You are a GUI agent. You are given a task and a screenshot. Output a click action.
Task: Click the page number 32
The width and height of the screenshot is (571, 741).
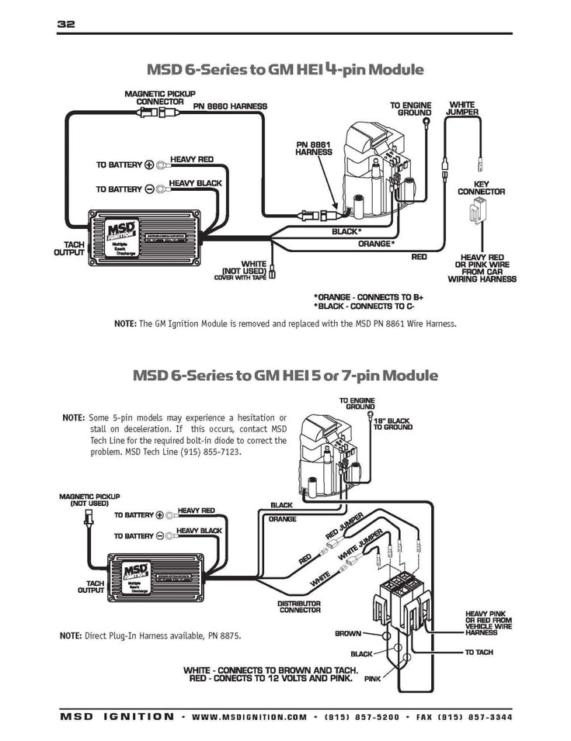click(65, 24)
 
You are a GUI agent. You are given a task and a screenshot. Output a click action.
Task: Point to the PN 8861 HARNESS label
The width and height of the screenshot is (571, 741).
click(314, 148)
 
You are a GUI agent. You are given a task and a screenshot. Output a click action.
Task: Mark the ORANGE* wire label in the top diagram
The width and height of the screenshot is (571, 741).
click(376, 244)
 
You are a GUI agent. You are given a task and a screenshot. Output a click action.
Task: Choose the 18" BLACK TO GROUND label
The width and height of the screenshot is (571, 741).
click(392, 423)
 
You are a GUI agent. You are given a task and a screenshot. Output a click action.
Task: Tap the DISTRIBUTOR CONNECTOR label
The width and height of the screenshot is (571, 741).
click(299, 606)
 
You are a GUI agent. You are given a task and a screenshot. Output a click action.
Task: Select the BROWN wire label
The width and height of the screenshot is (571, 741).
click(347, 633)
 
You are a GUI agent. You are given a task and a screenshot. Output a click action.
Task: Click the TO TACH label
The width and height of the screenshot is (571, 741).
click(479, 652)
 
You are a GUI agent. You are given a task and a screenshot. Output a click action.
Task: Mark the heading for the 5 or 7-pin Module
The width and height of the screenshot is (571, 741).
click(285, 376)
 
